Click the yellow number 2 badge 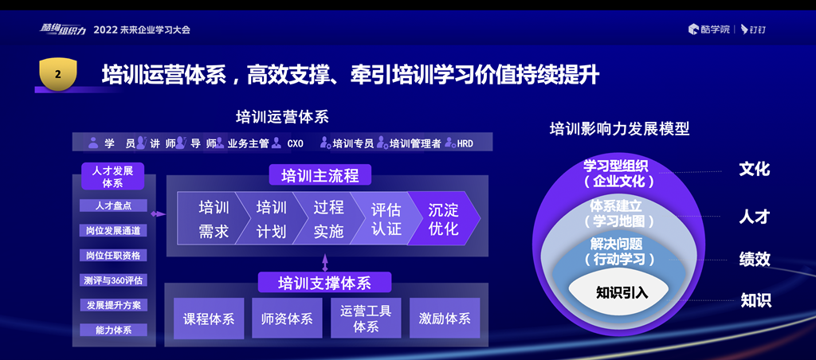tap(57, 74)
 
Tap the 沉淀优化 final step tap(443, 219)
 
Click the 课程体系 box tap(209, 319)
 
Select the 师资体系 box tap(287, 319)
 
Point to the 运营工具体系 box tap(366, 319)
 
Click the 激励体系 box tap(445, 319)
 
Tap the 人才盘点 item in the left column tap(112, 205)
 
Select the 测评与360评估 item tap(112, 280)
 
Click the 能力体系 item tap(112, 330)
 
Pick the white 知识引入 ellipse tap(622, 292)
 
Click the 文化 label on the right tap(754, 169)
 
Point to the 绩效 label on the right tap(754, 259)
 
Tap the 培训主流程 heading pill tap(320, 176)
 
